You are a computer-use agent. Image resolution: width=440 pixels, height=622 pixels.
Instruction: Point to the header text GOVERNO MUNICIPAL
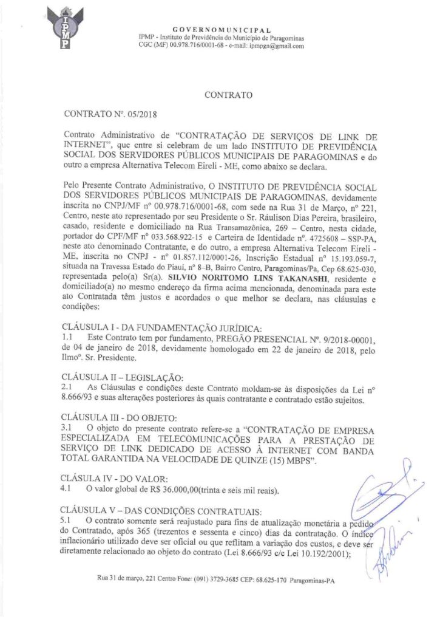tap(222, 29)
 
